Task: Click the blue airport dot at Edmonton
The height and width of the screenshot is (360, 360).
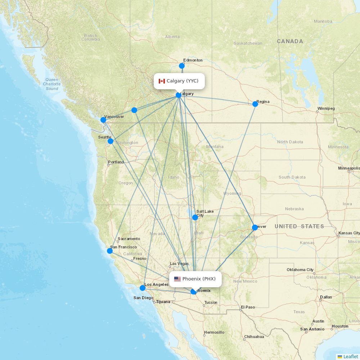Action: pos(182,66)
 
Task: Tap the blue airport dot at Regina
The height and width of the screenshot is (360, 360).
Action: pos(255,104)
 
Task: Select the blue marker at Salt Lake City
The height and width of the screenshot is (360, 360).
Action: pos(195,217)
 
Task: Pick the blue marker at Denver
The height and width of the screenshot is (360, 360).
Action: pos(255,228)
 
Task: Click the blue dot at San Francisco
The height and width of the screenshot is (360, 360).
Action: pos(110,251)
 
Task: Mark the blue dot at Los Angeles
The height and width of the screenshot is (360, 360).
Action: pos(143,288)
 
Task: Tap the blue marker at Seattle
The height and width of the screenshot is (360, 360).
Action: pos(111,141)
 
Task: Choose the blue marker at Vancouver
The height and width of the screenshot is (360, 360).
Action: pos(103,120)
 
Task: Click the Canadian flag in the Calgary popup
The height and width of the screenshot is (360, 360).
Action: pos(162,81)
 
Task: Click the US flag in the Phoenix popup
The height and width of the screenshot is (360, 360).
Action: pos(177,279)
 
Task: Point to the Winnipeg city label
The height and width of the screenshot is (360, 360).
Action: pos(326,108)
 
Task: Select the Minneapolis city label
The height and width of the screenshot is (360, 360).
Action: pos(349,168)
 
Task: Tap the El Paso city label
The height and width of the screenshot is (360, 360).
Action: pos(248,307)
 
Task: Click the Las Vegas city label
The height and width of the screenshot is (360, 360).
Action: pos(179,264)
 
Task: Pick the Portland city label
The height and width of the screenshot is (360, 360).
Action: pos(116,162)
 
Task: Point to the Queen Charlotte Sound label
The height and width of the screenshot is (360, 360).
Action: pos(52,84)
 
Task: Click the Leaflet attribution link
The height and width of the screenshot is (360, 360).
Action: pos(350,356)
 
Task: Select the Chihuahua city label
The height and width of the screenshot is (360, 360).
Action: pos(254,337)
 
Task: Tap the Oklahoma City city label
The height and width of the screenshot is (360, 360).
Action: pos(300,270)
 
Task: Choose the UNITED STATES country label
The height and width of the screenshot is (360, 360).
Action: pos(299,226)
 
